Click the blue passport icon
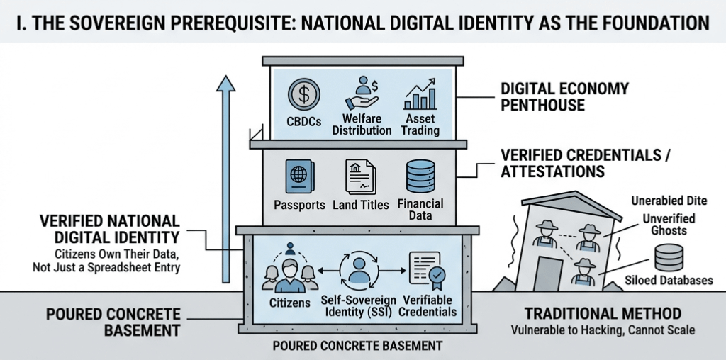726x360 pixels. pyautogui.click(x=298, y=176)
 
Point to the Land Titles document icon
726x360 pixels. pyautogui.click(x=359, y=176)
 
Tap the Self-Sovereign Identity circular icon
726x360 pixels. pyautogui.click(x=357, y=270)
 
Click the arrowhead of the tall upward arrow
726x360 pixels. pyautogui.click(x=225, y=84)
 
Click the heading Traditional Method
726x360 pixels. pyautogui.click(x=603, y=313)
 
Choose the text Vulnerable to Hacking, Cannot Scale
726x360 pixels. pyautogui.click(x=603, y=330)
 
